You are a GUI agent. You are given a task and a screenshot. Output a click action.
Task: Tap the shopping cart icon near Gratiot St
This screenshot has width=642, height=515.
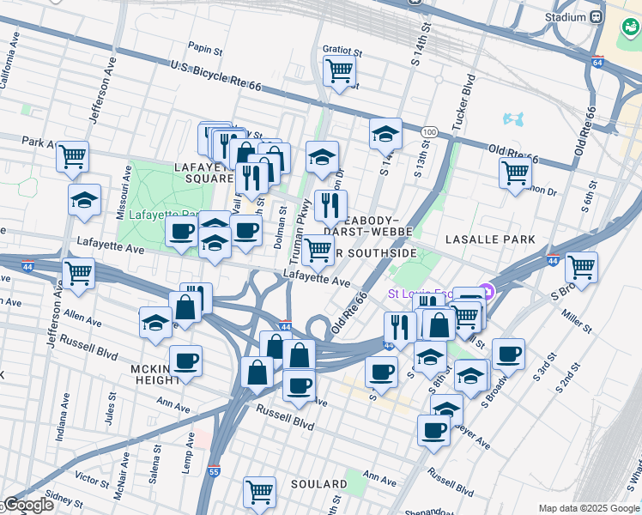point(339,70)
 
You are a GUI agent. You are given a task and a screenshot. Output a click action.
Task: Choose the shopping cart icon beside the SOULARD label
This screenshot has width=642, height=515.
point(259,492)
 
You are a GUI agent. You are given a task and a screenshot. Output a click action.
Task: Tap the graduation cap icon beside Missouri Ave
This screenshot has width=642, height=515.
point(84,200)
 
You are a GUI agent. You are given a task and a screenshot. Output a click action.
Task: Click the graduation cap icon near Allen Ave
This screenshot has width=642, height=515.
point(155,322)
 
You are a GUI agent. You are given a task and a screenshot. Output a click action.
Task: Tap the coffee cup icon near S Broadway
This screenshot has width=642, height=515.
point(508,353)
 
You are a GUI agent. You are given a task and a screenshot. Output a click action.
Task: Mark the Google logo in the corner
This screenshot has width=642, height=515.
point(27,505)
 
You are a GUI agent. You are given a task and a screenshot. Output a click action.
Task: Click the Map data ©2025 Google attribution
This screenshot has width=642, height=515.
point(589,508)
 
